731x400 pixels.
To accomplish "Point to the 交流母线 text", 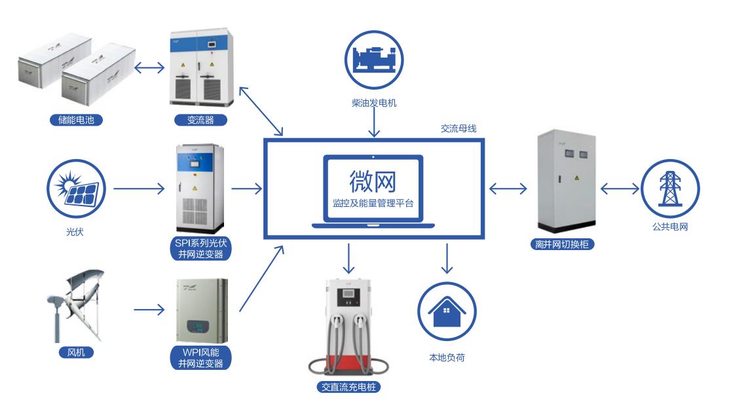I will point(458,129).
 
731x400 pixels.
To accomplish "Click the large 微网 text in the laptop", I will point(373,180).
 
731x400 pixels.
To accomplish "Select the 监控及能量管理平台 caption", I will point(373,204).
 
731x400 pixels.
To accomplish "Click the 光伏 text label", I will point(75,232).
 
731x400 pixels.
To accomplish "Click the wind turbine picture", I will point(75,304).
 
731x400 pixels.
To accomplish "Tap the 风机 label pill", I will point(76,353).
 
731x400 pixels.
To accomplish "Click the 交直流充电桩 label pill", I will point(348,387).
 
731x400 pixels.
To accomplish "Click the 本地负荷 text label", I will point(447,357).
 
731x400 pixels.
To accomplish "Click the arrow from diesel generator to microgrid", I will point(374,124).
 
